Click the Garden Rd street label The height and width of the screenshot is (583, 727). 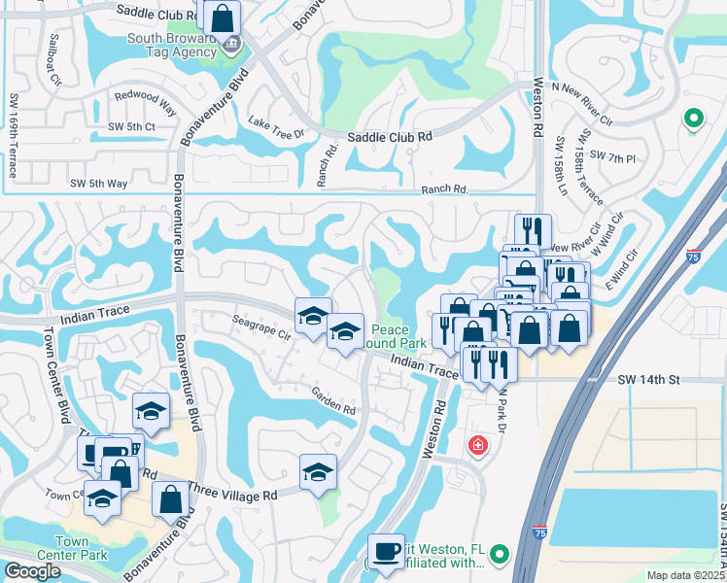[332, 401]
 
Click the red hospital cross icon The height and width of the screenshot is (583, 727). [477, 446]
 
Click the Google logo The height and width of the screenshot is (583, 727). [32, 570]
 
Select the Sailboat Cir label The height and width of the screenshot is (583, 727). [53, 60]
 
